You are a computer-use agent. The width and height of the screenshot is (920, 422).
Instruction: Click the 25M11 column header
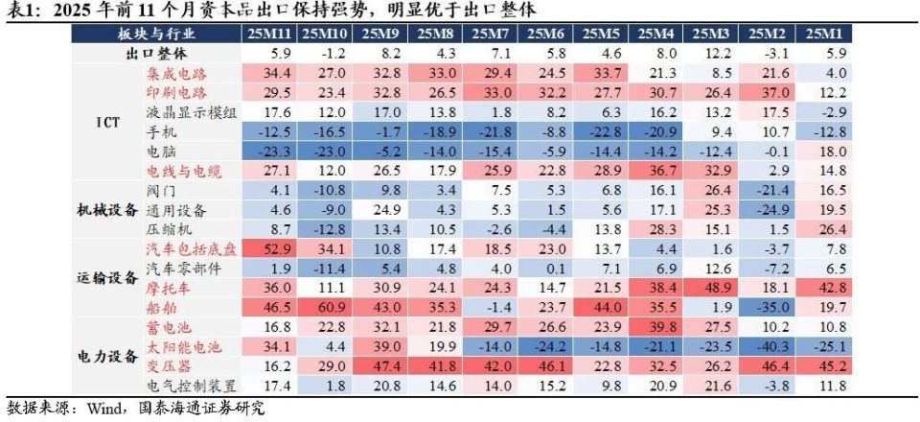[x=270, y=34]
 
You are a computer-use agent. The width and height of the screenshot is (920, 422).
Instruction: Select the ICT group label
[x=108, y=123]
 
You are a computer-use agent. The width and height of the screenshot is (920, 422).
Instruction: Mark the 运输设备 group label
[x=107, y=278]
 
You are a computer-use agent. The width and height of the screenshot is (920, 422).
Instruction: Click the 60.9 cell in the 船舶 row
[x=325, y=308]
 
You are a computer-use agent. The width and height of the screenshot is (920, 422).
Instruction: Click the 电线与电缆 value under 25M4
[x=658, y=171]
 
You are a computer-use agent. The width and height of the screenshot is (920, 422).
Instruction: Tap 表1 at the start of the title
[x=20, y=11]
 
